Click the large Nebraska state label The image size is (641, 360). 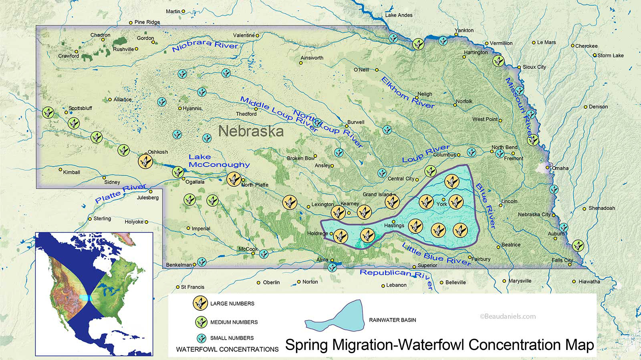coord(251,131)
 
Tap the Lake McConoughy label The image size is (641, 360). coord(219,161)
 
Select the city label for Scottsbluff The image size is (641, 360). coord(80,108)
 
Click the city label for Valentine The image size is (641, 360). coord(244,35)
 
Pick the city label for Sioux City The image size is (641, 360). coord(534,67)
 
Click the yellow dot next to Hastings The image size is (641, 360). coord(393,221)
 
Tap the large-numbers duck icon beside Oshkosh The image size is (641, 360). coord(145,161)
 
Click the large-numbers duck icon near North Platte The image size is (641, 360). coord(234,179)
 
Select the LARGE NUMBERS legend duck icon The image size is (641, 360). coord(200,304)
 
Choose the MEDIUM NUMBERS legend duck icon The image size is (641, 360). coord(200,322)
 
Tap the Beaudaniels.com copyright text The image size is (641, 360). coord(507,316)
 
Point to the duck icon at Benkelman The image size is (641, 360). coord(201,263)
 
